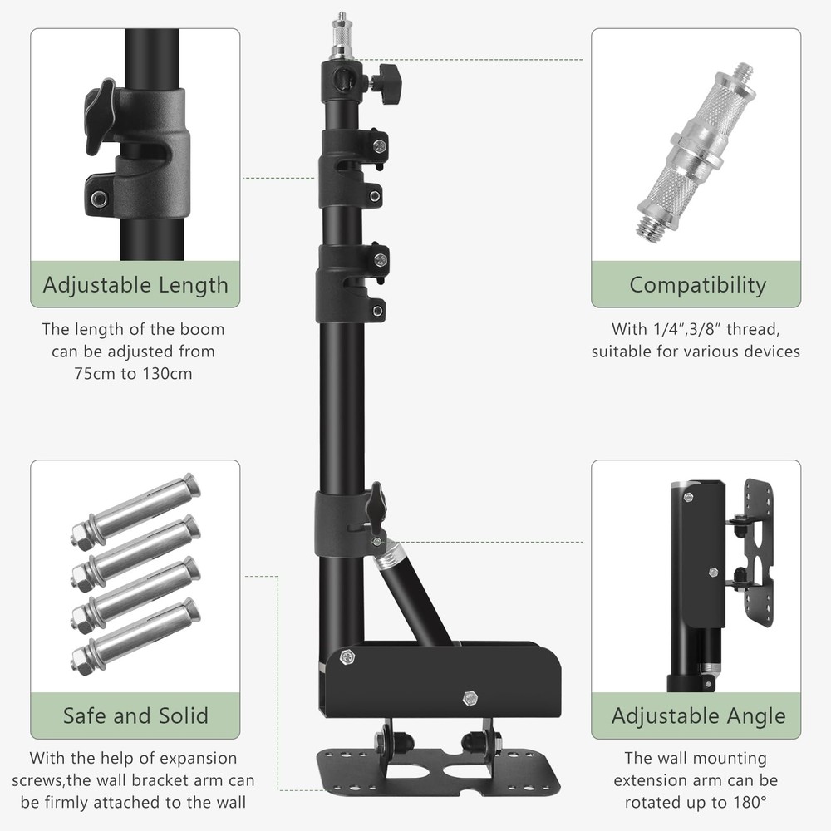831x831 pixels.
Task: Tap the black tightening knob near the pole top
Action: pos(387,82)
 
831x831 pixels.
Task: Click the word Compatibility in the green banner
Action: pos(697,284)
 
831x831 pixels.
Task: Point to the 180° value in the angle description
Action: pos(749,803)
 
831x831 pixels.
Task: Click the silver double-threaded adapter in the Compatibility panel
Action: pos(696,150)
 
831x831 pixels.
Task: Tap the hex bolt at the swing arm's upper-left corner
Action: pos(348,657)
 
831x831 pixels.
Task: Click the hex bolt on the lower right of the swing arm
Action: pos(469,698)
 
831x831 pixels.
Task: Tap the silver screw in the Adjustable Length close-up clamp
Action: pos(98,199)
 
